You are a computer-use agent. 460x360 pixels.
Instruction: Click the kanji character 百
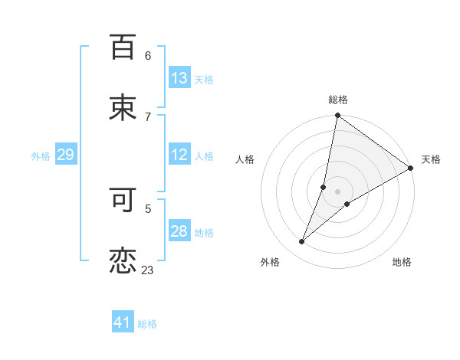point(123,47)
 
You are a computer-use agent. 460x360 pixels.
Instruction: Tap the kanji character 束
point(123,108)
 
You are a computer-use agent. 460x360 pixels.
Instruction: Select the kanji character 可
point(123,200)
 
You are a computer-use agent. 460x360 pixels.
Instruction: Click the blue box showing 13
point(179,78)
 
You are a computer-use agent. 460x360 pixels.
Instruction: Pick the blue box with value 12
point(179,155)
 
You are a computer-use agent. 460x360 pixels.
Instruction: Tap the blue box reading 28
point(179,231)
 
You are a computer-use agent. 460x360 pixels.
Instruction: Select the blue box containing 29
point(65,155)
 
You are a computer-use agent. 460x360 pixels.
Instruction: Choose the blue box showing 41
point(123,323)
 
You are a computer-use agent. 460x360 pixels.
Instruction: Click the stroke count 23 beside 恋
point(147,270)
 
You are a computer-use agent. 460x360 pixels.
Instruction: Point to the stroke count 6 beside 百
point(147,55)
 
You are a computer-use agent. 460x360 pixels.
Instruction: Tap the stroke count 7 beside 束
point(147,116)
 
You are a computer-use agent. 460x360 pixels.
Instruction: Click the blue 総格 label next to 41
point(147,324)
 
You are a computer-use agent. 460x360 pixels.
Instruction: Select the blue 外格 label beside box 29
point(41,155)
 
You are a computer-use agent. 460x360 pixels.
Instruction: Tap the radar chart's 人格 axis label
point(245,159)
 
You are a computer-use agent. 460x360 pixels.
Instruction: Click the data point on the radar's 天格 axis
point(410,169)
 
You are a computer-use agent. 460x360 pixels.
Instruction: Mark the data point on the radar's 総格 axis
point(338,116)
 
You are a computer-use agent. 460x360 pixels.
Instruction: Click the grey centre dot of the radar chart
point(338,191)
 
